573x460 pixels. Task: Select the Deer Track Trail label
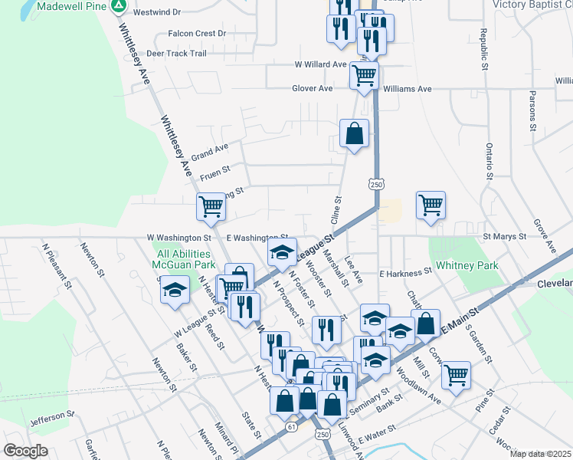pyautogui.click(x=176, y=54)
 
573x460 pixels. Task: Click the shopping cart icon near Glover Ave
pyautogui.click(x=364, y=75)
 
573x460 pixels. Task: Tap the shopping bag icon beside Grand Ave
pyautogui.click(x=355, y=133)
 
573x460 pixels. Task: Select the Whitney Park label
pyautogui.click(x=467, y=266)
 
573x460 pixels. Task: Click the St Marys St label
pyautogui.click(x=504, y=237)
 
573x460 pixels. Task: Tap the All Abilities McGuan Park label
pyautogui.click(x=182, y=259)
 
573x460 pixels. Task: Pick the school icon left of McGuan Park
pyautogui.click(x=175, y=290)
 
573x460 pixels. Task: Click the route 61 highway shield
pyautogui.click(x=291, y=425)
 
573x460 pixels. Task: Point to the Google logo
pyautogui.click(x=25, y=451)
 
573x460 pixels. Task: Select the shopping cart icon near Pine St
pyautogui.click(x=456, y=375)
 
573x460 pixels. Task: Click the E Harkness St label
pyautogui.click(x=406, y=273)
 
